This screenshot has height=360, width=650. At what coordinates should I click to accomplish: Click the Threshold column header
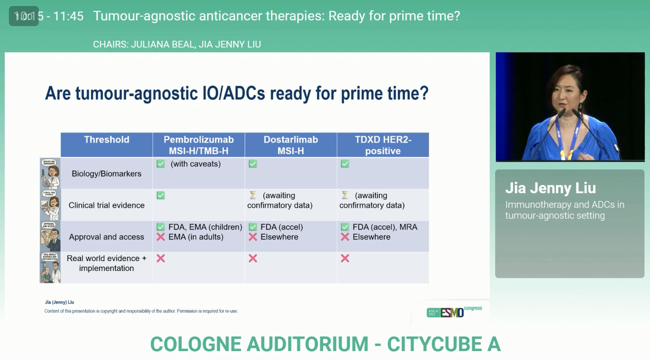pos(107,140)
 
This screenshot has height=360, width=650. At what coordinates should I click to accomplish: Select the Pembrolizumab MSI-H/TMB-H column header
pos(199,145)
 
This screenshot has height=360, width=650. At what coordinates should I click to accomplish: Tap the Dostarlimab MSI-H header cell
pos(291,145)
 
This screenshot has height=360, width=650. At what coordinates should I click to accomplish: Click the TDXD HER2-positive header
pos(383,145)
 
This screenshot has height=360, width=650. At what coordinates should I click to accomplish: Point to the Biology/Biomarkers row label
pos(107,174)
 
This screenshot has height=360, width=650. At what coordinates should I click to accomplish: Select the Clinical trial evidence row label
pos(107,205)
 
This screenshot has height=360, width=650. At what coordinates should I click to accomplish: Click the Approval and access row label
pos(107,237)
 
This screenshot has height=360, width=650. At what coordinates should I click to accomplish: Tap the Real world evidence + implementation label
pos(107,263)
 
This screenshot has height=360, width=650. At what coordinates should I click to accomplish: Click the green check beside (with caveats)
pos(161,164)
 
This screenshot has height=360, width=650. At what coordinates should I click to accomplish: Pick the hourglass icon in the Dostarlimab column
pos(253,195)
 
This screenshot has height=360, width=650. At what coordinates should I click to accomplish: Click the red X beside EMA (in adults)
pos(161,237)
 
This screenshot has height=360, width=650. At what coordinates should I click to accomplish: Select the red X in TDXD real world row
pos(345,258)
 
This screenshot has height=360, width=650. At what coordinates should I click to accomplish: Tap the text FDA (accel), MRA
pos(385,227)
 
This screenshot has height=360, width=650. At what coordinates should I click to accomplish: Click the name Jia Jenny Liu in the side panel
pos(550,188)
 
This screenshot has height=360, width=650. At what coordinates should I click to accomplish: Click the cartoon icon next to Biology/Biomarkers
pos(50,174)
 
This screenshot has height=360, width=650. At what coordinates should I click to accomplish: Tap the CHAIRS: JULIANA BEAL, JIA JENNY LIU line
pos(177,44)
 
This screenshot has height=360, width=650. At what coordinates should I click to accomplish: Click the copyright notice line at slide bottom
pos(141,311)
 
